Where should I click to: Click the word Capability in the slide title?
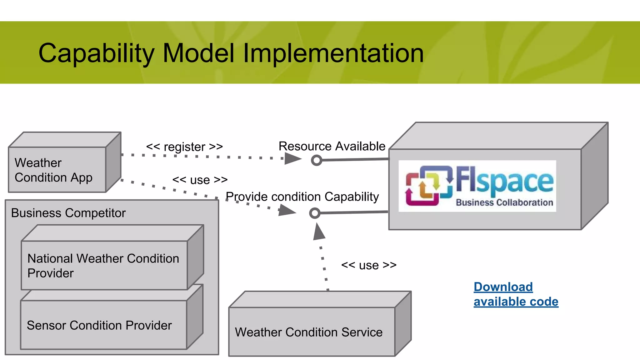[x=96, y=53]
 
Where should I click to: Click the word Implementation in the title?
[x=333, y=53]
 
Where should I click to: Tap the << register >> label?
[x=184, y=147]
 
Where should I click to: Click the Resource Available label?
[x=332, y=146]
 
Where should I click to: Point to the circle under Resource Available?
[x=317, y=160]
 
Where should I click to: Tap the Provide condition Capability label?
[x=302, y=197]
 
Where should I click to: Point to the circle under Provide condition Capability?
[x=315, y=213]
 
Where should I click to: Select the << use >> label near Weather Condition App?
[x=200, y=180]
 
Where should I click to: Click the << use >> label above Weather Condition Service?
[x=369, y=265]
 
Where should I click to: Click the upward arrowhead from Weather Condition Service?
[x=318, y=232]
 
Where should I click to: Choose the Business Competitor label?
[x=68, y=213]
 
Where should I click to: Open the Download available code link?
[x=516, y=294]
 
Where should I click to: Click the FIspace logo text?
[x=504, y=180]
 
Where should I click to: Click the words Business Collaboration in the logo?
[x=504, y=202]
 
